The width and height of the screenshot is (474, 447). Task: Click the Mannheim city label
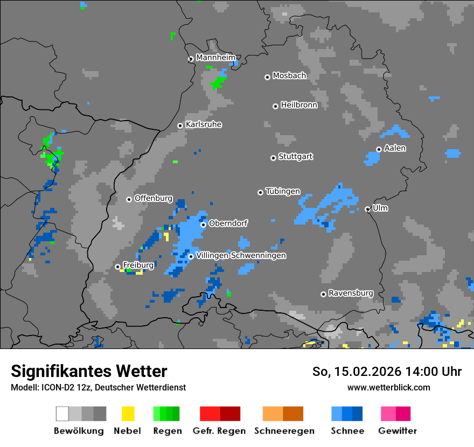coord(215,58)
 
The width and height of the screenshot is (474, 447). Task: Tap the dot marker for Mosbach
coord(267,77)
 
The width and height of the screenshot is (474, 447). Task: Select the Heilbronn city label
coord(299,105)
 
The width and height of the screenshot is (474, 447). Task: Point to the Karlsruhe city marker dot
coord(180,125)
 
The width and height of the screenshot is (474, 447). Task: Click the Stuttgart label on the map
coord(295,157)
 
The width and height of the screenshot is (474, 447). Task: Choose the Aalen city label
coord(395,148)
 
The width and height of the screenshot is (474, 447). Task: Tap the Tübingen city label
coord(283,191)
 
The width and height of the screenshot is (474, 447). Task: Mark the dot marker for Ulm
coord(367,209)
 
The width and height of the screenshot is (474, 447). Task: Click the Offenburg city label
coord(154,198)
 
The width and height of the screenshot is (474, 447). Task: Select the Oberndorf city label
coord(228,223)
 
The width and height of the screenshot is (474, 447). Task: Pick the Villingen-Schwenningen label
coord(241,255)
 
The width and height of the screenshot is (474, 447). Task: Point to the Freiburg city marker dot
coord(117,267)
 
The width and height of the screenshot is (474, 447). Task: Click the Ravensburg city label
coord(351,293)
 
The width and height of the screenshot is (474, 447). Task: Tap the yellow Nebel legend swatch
coord(128,414)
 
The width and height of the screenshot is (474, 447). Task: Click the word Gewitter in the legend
coord(398,431)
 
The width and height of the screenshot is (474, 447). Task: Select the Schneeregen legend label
coord(284,431)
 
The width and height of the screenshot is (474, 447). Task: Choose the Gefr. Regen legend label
coord(219,431)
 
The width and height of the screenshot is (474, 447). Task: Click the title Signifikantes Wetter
coord(89,371)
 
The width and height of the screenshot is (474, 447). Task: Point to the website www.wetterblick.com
coord(388,387)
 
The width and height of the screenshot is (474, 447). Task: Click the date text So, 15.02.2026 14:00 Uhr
coord(387,372)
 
